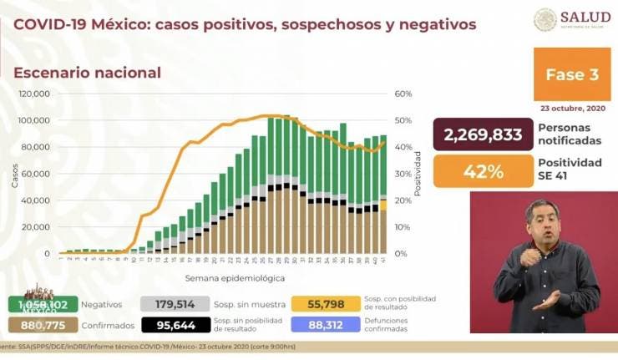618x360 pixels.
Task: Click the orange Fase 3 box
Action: pos(571,74)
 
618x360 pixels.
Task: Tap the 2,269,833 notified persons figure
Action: pos(483,134)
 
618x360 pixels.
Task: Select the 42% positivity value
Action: pos(483,171)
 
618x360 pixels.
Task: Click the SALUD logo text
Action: pos(585,17)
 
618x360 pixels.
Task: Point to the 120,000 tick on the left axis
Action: pos(34,94)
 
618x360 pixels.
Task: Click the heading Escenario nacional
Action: pos(87,73)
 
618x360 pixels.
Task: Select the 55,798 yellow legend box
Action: pos(332,305)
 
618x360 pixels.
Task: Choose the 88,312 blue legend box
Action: pos(332,325)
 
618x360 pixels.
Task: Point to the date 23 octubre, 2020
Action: pos(571,108)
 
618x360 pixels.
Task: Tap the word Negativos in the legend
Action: pos(104,305)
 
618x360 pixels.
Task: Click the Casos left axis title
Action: pos(14,174)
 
